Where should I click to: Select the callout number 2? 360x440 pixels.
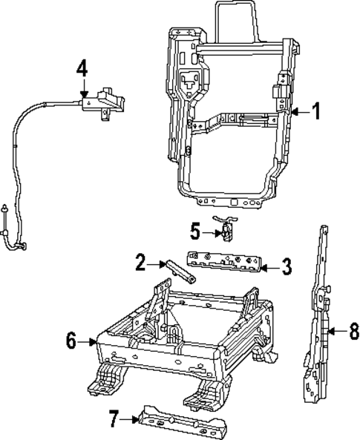click(x=140, y=262)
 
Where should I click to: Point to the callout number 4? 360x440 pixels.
click(x=82, y=69)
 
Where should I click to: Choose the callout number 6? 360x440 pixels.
click(x=71, y=341)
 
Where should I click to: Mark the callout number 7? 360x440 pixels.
click(x=114, y=420)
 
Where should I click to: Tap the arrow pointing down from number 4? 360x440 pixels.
click(x=82, y=86)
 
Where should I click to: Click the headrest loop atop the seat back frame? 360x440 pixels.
click(x=237, y=19)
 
